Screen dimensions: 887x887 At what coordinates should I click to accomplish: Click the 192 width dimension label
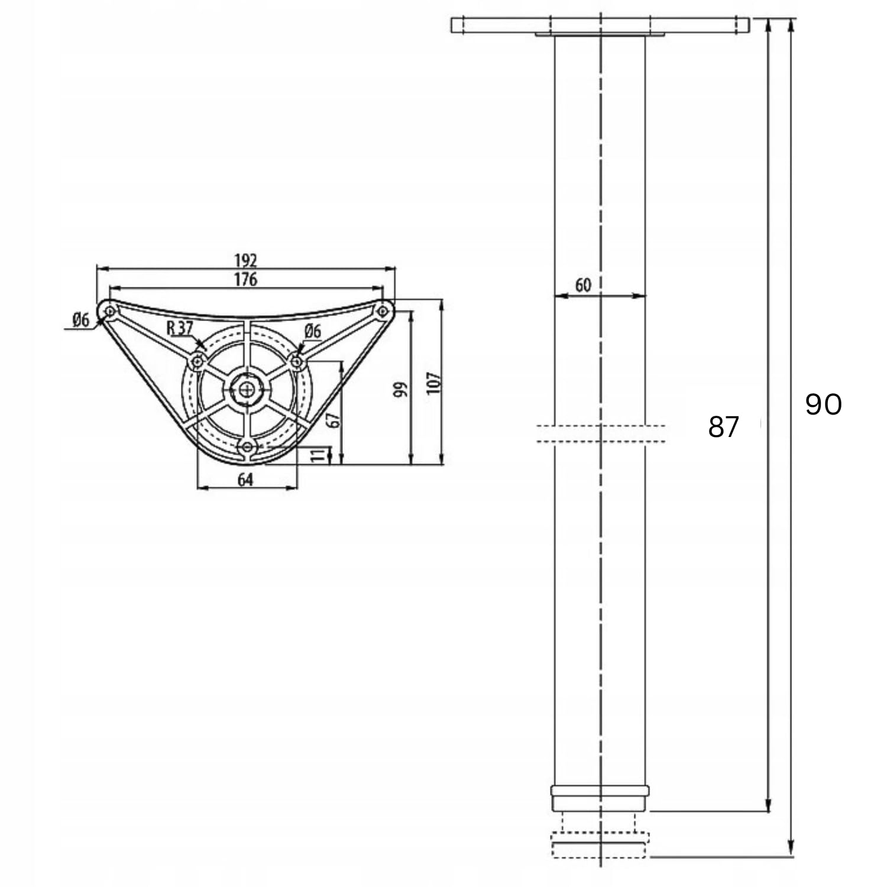pos(246,260)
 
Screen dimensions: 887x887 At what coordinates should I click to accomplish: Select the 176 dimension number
pos(246,279)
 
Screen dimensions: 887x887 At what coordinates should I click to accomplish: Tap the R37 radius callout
pos(180,328)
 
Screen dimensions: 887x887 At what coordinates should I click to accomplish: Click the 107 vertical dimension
pos(434,383)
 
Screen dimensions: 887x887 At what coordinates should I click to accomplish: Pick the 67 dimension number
pos(334,419)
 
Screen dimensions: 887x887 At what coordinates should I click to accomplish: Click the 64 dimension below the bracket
pos(245,480)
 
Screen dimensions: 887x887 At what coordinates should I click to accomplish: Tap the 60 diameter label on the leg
pos(583,285)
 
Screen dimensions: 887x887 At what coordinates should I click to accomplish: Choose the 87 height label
pos(723,427)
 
